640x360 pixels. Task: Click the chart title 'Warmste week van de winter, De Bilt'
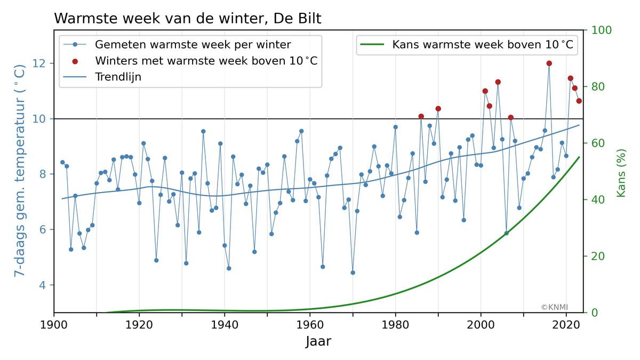pos(187,19)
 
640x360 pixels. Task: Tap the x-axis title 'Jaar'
pos(318,342)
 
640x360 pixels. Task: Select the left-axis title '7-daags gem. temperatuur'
pos(19,171)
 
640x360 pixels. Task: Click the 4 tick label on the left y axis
pos(43,285)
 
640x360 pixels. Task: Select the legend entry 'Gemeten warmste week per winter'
pos(193,44)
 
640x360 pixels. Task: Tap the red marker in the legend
pos(75,61)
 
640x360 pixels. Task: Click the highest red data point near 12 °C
pos(549,63)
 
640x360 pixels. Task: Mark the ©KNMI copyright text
pos(554,307)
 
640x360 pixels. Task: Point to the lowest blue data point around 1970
pos(353,273)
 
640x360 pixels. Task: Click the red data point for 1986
pos(421,116)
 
